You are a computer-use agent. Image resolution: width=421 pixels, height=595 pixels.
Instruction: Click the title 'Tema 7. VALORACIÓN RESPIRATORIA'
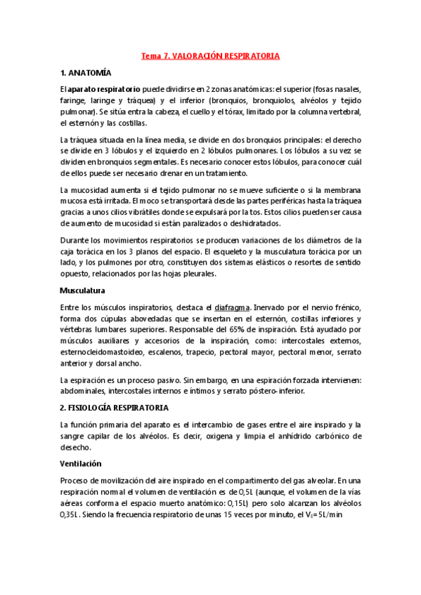(x=210, y=55)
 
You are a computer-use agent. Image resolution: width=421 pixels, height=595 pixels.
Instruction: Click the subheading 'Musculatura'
(x=82, y=289)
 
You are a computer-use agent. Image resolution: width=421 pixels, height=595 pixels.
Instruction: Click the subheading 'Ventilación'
(x=81, y=463)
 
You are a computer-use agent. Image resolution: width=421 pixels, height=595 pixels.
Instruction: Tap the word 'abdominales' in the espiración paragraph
(x=84, y=391)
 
